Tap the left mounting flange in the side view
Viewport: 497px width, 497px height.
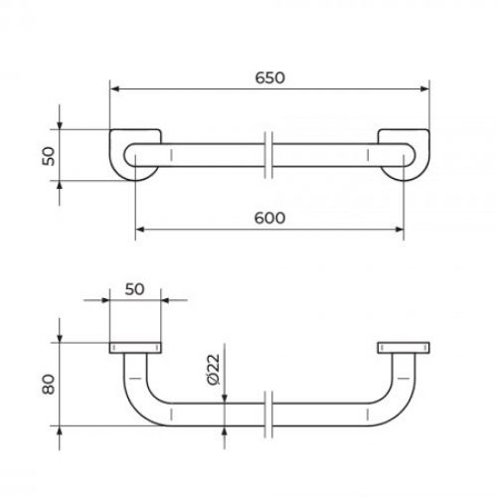(133, 348)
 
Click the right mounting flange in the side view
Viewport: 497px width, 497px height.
(404, 348)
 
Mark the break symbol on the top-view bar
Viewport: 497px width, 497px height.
(269, 155)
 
